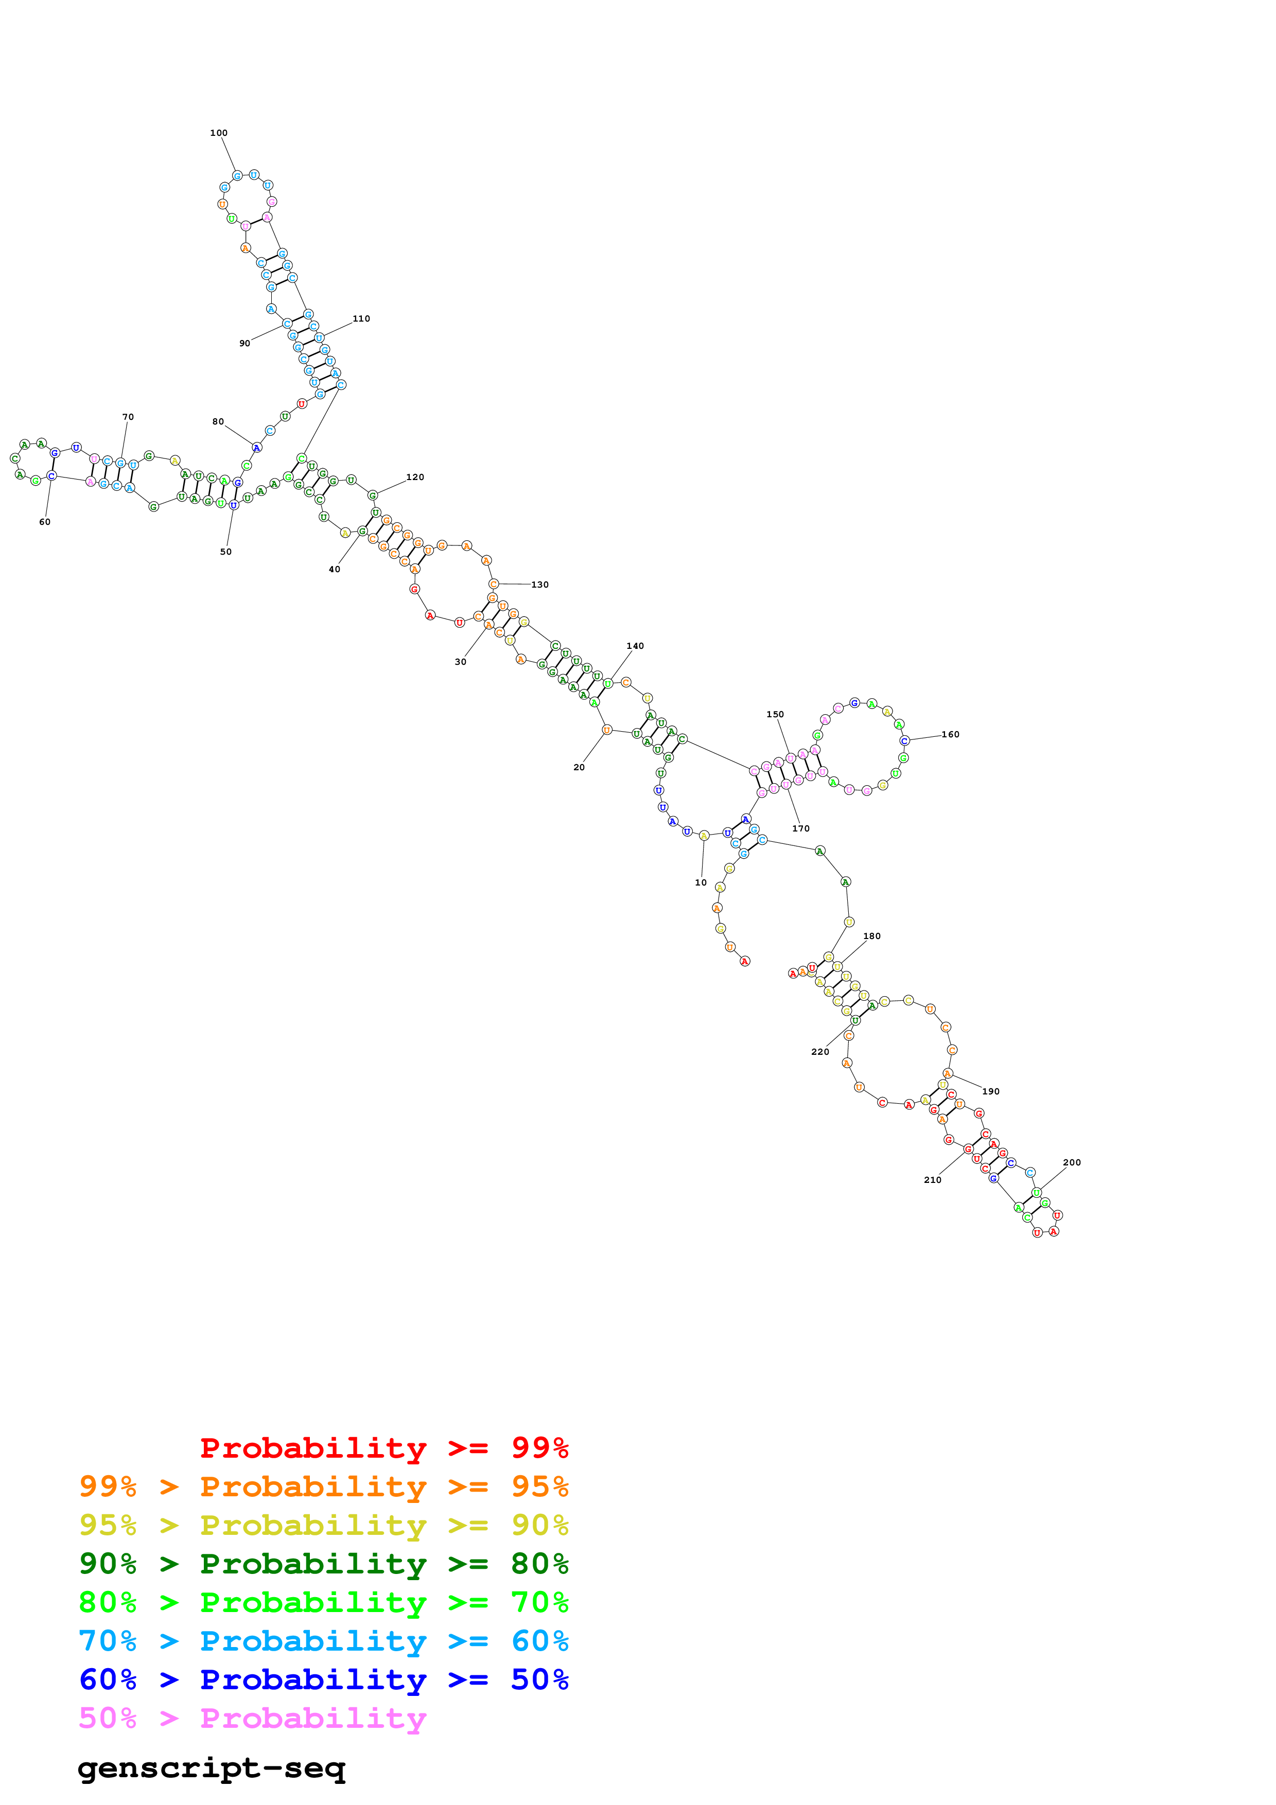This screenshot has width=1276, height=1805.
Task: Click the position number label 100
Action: (219, 133)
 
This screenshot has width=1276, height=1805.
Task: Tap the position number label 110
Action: (361, 318)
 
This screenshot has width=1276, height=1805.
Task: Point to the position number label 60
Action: (45, 522)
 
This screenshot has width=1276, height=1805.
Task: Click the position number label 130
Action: (540, 584)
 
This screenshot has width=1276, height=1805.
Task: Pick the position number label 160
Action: (951, 734)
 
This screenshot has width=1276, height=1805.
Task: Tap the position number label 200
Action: (1072, 1162)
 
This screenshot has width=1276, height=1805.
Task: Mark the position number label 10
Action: (701, 882)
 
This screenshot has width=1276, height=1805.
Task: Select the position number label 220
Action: (820, 1051)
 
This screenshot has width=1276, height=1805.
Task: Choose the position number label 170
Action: (800, 828)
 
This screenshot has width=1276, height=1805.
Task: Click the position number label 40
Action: (334, 569)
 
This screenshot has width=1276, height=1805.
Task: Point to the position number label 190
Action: (991, 1091)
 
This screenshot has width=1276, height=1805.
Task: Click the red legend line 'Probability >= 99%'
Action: (383, 1447)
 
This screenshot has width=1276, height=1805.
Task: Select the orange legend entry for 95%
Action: (324, 1486)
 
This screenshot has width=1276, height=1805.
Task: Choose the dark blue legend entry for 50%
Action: (324, 1679)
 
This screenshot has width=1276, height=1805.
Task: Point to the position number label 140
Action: (635, 645)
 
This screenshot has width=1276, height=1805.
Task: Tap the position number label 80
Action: (218, 421)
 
